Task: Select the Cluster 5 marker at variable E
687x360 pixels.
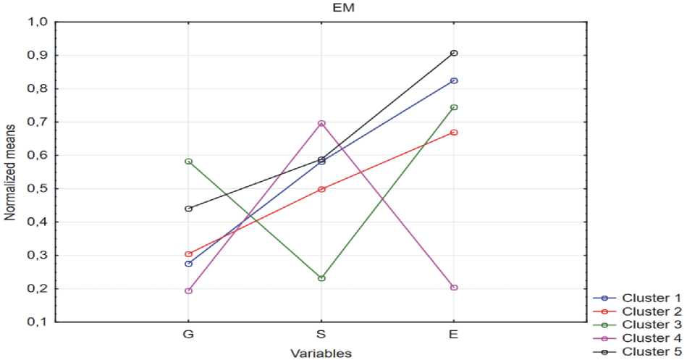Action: (454, 53)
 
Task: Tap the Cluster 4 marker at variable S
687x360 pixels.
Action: (321, 123)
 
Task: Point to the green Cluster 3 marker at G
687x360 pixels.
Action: (189, 161)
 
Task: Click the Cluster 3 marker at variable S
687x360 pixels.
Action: (321, 278)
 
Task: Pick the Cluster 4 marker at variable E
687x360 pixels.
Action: (454, 288)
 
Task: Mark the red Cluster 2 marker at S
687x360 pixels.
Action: (321, 189)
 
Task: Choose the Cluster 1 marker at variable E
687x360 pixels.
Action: (454, 80)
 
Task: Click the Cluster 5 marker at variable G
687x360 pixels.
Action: (189, 209)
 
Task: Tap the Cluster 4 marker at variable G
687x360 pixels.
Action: (189, 290)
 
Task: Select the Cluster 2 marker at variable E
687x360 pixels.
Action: (454, 133)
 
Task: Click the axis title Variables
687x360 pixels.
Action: (321, 353)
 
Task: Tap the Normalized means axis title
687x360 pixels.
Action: (10, 172)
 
